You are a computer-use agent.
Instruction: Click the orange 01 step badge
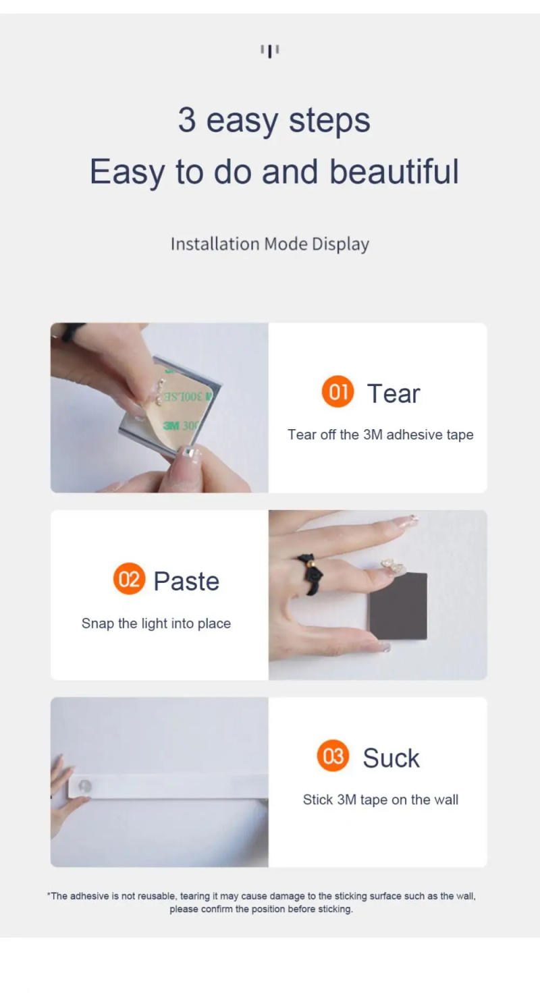337,392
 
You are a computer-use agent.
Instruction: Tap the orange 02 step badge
129,579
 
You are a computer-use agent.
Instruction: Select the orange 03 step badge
333,756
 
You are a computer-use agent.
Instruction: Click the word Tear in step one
393,393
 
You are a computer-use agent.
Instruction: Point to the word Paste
186,581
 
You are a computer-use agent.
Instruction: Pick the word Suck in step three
391,758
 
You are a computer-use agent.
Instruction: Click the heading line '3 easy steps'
274,120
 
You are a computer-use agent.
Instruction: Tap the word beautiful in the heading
394,171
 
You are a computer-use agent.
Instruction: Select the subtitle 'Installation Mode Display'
269,244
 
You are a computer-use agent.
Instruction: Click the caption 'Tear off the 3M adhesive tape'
380,435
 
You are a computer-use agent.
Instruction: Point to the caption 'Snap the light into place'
156,623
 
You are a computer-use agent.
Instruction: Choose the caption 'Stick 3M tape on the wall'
380,800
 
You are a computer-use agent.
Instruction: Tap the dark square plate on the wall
398,606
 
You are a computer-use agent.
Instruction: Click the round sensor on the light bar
85,786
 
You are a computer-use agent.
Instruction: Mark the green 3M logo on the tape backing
171,426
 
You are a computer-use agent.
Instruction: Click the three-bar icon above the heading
270,51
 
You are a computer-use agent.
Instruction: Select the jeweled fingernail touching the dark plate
391,565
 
